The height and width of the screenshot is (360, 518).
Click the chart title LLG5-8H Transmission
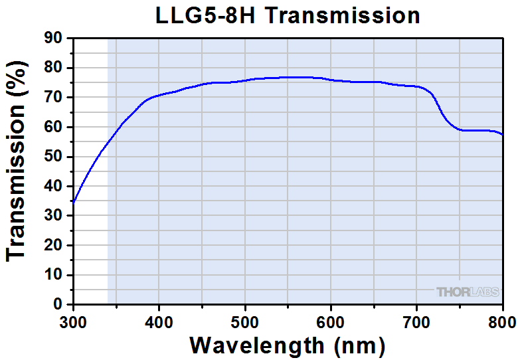287,15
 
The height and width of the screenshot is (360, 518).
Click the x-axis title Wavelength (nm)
287,345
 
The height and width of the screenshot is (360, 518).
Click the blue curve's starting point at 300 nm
74,201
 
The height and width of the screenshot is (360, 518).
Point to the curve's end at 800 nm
502,135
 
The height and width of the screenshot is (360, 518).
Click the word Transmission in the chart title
343,15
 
